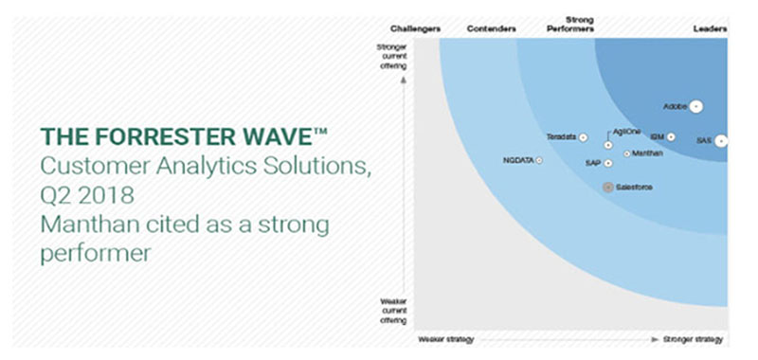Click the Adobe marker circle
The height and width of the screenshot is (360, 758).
(696, 106)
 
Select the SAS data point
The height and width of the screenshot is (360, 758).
(721, 141)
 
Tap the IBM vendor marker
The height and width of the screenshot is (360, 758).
(671, 137)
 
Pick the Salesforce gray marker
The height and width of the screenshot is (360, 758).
(608, 187)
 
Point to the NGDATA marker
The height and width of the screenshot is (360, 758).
(539, 161)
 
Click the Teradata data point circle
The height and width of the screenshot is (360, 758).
(584, 138)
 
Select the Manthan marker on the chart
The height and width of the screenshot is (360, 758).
(626, 153)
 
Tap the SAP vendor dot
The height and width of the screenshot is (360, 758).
(608, 163)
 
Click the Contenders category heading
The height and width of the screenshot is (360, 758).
(492, 29)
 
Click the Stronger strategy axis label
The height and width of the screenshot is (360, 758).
(695, 339)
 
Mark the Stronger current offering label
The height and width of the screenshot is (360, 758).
(391, 56)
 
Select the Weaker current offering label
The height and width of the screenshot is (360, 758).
(391, 309)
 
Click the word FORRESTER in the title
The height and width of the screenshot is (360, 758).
(139, 135)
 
